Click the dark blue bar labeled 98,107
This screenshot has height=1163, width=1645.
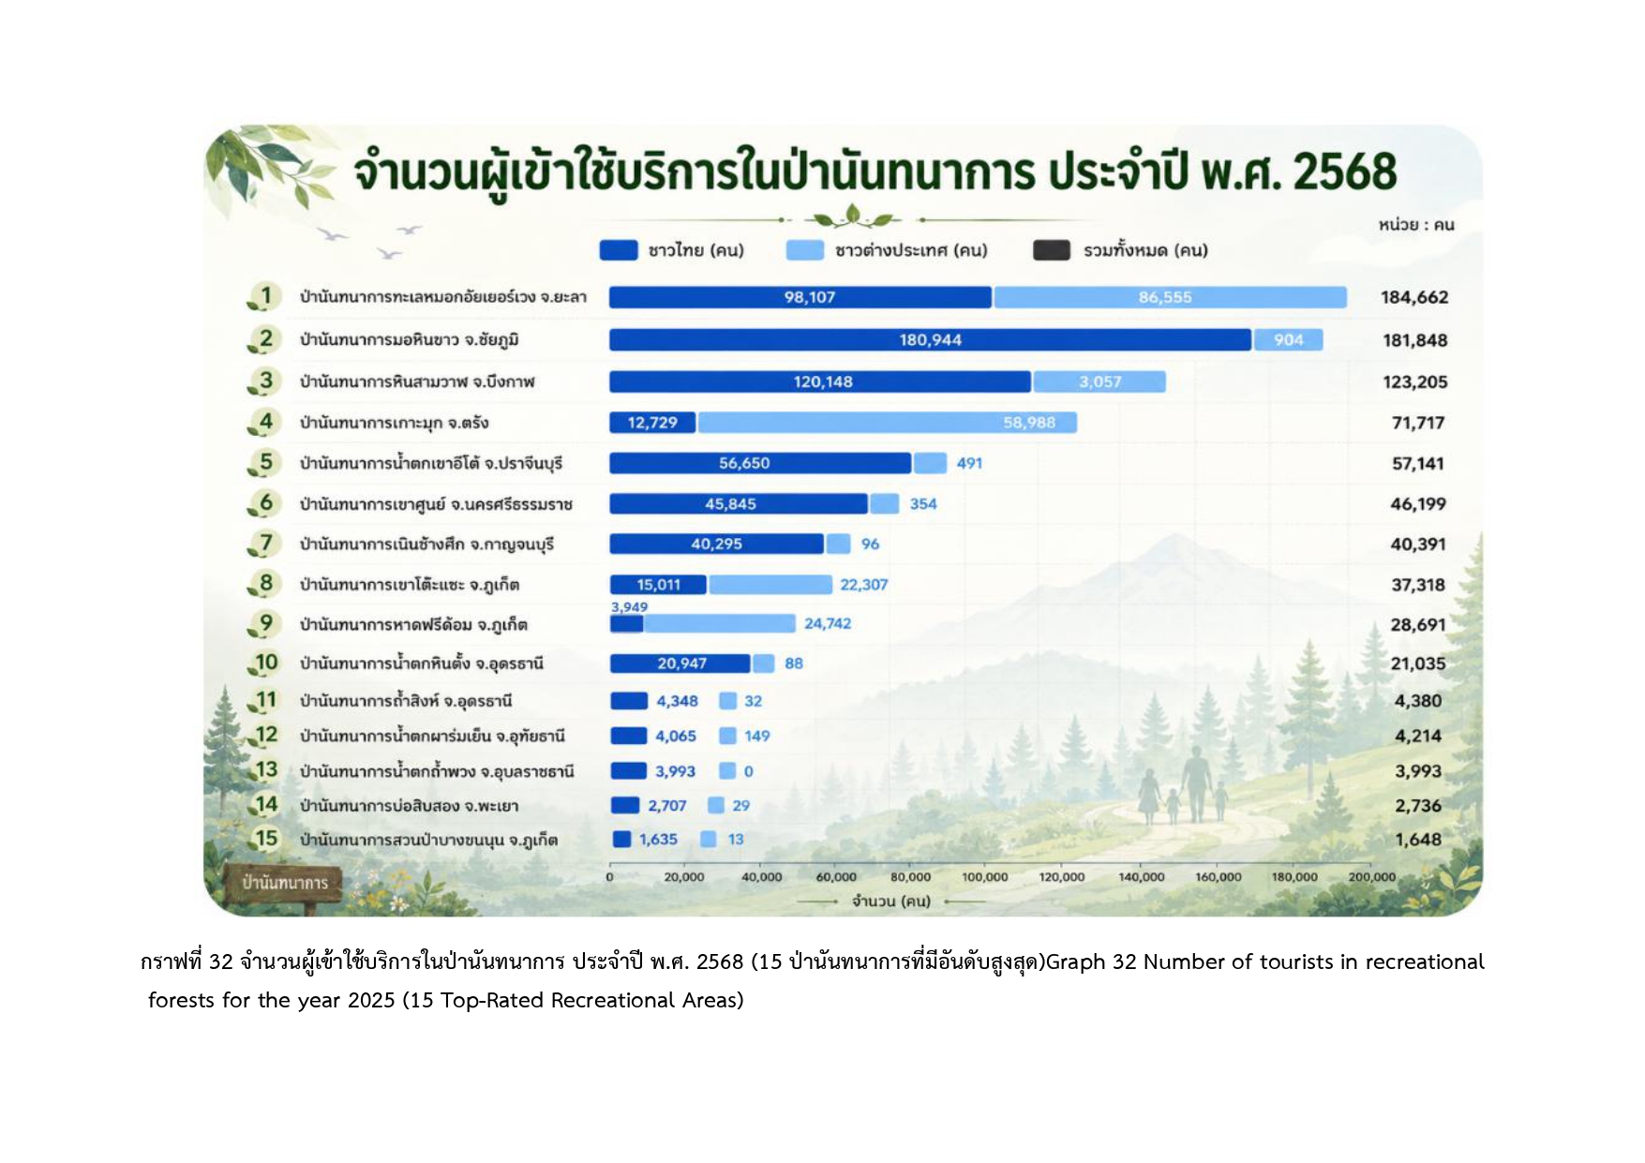800,297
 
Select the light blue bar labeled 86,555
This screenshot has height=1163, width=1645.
1170,297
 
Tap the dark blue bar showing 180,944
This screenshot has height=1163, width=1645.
930,339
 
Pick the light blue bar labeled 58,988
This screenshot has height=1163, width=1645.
887,423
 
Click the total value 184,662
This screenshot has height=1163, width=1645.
1414,297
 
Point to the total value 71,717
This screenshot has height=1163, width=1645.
1418,423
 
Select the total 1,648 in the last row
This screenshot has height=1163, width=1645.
1418,840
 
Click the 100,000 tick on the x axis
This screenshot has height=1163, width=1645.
985,877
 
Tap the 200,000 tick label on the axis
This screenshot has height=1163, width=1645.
1372,877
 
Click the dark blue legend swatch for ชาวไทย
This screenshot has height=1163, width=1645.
619,250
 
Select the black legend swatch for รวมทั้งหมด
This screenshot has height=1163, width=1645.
1052,250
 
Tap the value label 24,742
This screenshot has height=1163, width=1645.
828,623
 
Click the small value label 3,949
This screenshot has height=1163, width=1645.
629,607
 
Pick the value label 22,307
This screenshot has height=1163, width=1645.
863,585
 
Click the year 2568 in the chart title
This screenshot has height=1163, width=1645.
1345,171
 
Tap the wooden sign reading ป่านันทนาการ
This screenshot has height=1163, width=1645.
284,883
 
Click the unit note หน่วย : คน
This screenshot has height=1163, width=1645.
1416,225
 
